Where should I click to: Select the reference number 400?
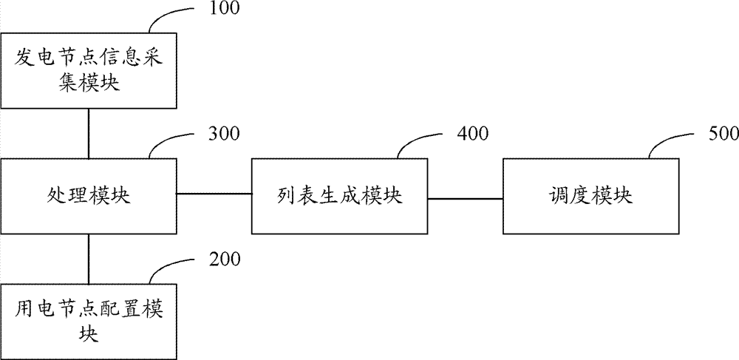click(x=472, y=134)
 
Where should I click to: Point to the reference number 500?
click(x=723, y=134)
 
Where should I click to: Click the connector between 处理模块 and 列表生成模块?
click(x=214, y=193)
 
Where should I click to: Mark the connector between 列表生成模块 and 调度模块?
click(x=465, y=199)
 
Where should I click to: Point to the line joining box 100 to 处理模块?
click(x=89, y=133)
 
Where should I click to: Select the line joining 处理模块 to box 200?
click(x=89, y=259)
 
